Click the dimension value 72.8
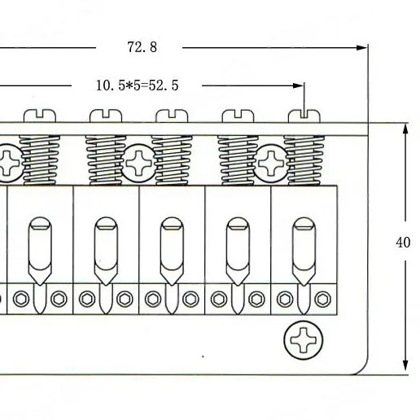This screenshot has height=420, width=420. [x=142, y=47]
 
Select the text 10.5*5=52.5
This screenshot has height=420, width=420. [x=138, y=85]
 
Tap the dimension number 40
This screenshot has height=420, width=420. [x=403, y=243]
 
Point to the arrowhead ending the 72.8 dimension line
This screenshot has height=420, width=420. [x=362, y=48]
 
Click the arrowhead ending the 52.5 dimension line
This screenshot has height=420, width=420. [x=299, y=85]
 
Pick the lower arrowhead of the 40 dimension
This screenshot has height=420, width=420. [x=405, y=365]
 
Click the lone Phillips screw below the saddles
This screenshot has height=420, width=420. [x=304, y=340]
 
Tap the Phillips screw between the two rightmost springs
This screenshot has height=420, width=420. [x=271, y=163]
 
